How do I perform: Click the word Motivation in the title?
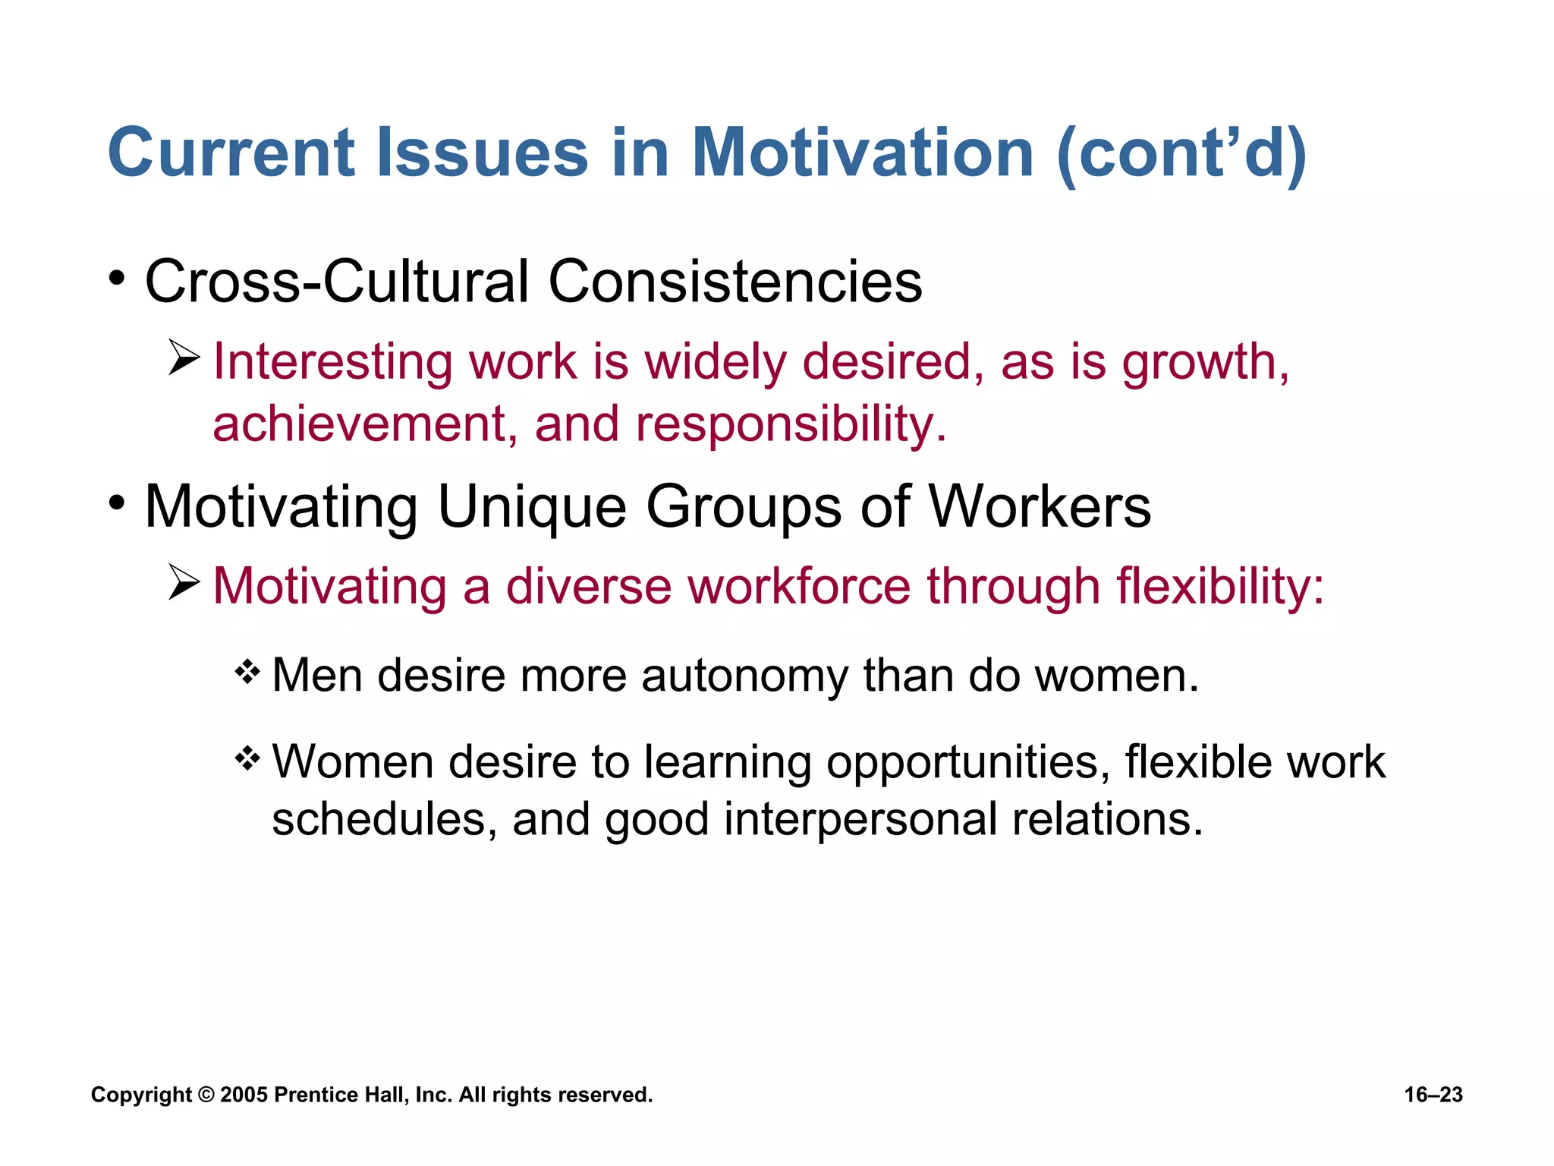coord(863,153)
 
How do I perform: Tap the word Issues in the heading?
coord(483,153)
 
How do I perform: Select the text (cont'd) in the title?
coord(1181,154)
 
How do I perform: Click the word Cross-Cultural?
coord(336,282)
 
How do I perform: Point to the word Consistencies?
coord(735,282)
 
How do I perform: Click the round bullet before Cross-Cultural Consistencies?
coord(116,278)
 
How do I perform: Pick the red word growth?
coord(1205,362)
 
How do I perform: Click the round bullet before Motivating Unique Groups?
coord(116,503)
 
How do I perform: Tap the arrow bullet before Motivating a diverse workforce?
coord(184,582)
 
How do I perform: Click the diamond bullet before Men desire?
coord(247,671)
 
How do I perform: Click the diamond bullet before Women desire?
coord(247,758)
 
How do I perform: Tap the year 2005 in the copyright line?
coord(244,1095)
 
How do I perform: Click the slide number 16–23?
coord(1433,1095)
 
